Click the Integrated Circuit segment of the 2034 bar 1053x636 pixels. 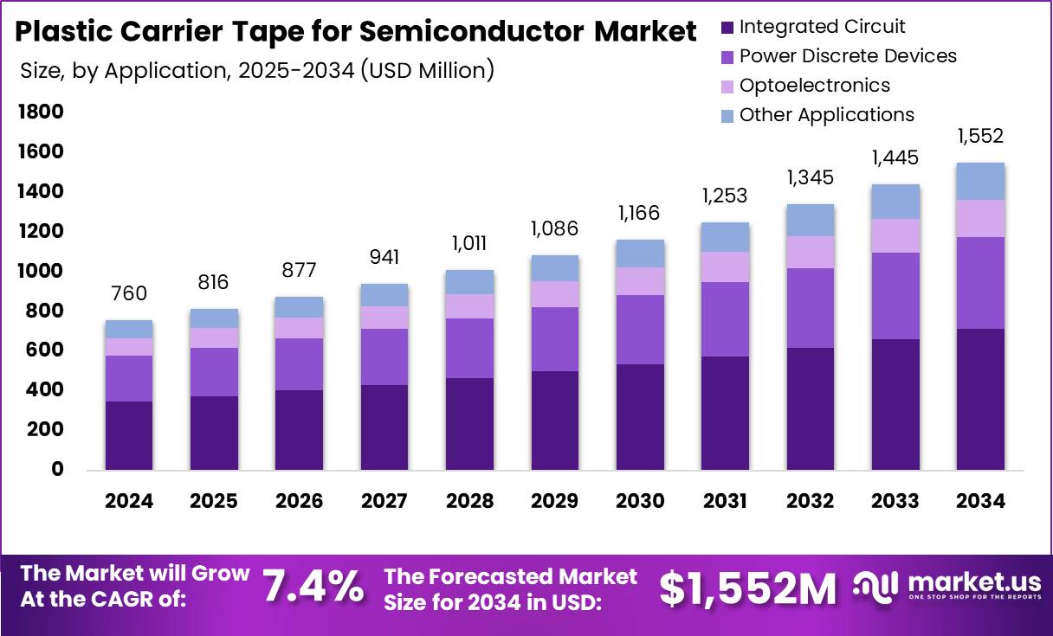(x=980, y=399)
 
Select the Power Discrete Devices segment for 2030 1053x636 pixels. (x=640, y=330)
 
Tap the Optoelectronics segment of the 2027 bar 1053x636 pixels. (x=384, y=318)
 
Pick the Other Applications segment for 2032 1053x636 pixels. (x=810, y=221)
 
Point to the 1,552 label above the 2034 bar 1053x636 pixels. (x=980, y=136)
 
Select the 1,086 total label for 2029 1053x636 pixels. (x=555, y=230)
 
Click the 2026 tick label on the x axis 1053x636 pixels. (x=300, y=502)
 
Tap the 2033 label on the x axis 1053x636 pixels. (x=895, y=502)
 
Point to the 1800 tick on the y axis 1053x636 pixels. (x=41, y=112)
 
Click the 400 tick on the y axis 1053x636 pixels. (x=46, y=390)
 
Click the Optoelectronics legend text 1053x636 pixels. (x=814, y=85)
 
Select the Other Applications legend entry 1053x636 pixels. (x=826, y=114)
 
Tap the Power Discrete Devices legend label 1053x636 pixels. (x=848, y=56)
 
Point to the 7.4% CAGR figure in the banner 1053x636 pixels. (x=313, y=587)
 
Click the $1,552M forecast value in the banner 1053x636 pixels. (x=748, y=588)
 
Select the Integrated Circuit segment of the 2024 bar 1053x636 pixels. (x=129, y=435)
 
